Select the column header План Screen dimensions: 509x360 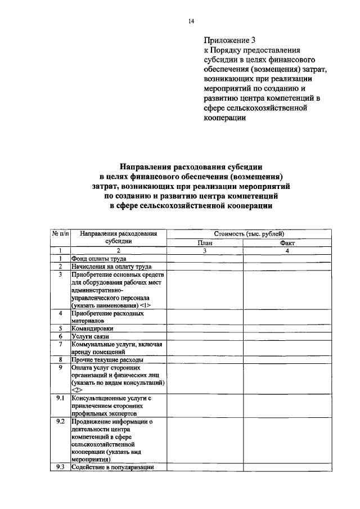[x=204, y=243]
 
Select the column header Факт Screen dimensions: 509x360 [x=287, y=243]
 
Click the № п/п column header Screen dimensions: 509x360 [x=60, y=233]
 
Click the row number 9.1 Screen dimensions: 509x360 [x=60, y=398]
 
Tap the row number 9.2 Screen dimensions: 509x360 [x=60, y=421]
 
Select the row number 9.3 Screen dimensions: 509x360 [x=60, y=467]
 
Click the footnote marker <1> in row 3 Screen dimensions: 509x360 [x=145, y=304]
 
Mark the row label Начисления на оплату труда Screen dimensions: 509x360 [x=111, y=266]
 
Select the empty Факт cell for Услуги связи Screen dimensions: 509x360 [x=287, y=336]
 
